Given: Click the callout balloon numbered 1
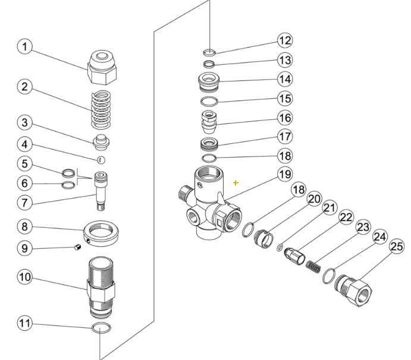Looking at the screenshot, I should pyautogui.click(x=24, y=46).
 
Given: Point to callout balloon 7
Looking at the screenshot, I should pyautogui.click(x=24, y=202).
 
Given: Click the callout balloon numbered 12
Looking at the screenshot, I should pyautogui.click(x=285, y=40).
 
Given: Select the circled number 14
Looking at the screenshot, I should pyautogui.click(x=285, y=79).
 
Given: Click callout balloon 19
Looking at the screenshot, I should pyautogui.click(x=285, y=174).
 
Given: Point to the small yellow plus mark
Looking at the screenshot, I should pyautogui.click(x=236, y=183).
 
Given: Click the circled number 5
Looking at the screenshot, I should pyautogui.click(x=24, y=162).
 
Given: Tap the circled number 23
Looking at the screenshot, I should pyautogui.click(x=363, y=227).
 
